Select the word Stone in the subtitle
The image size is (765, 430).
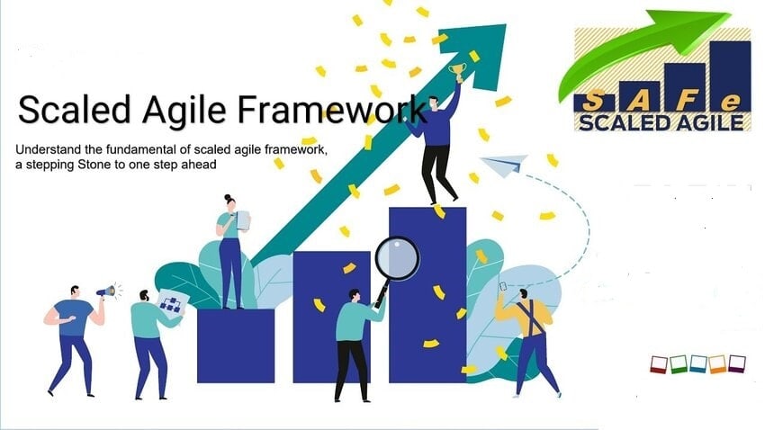click(x=94, y=165)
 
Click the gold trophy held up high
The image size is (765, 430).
click(x=457, y=72)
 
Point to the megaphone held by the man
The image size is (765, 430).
click(x=106, y=291)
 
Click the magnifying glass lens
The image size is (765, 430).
click(x=397, y=258)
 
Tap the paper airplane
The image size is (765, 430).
click(x=504, y=165)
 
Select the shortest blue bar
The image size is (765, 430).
click(x=236, y=345)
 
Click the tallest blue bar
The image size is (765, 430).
click(x=427, y=295)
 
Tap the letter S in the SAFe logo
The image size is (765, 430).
click(x=592, y=102)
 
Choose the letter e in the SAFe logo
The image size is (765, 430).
click(x=731, y=102)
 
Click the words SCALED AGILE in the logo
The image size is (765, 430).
click(x=661, y=121)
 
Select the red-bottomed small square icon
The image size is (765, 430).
click(x=659, y=364)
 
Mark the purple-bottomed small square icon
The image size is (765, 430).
click(x=737, y=363)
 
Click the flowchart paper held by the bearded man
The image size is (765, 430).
click(x=170, y=302)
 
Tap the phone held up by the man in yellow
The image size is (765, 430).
click(x=503, y=287)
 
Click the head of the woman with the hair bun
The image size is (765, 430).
click(x=229, y=202)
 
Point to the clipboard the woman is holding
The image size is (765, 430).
click(x=243, y=219)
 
